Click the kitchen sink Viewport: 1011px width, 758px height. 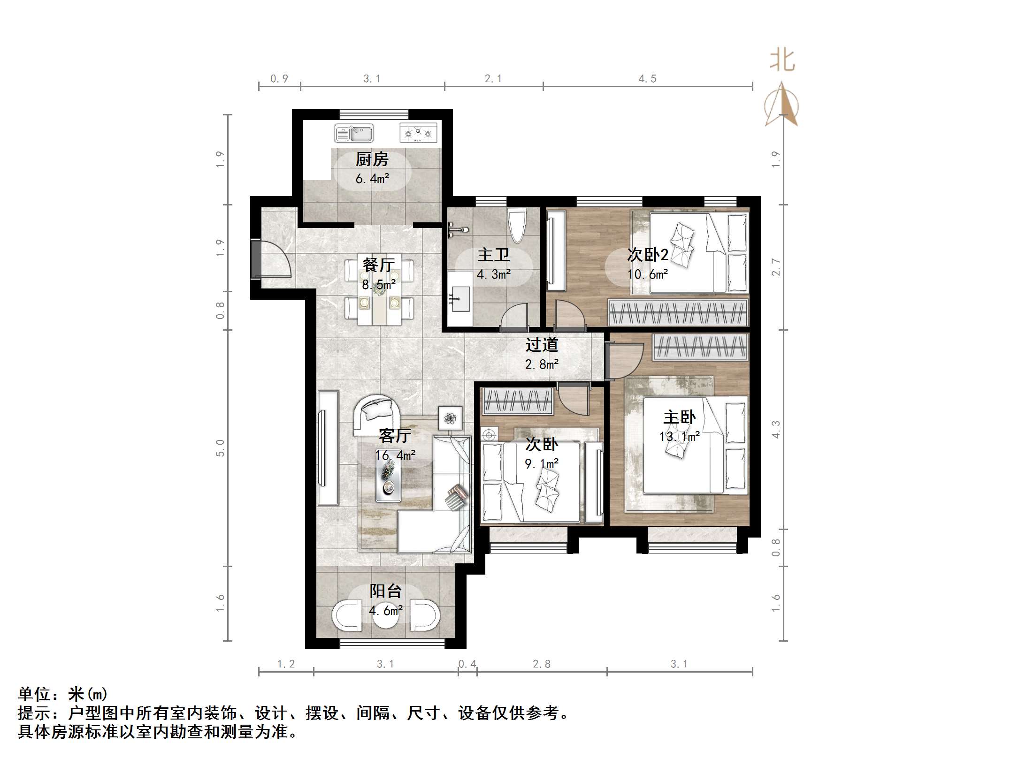pos(353,133)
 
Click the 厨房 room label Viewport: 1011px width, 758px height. pos(372,159)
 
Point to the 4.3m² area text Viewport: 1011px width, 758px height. pos(493,274)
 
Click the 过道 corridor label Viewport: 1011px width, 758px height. pos(542,345)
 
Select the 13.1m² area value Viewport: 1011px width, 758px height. pos(679,437)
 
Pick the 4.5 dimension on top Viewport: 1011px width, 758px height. pos(647,79)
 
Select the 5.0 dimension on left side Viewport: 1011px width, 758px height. pos(220,448)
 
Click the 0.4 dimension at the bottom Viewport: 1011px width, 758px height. pos(467,664)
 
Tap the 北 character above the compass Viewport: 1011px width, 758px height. pos(782,61)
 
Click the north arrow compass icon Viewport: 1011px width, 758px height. pos(781,106)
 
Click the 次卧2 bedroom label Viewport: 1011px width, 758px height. pos(648,255)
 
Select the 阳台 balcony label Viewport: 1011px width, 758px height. pos(385,591)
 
